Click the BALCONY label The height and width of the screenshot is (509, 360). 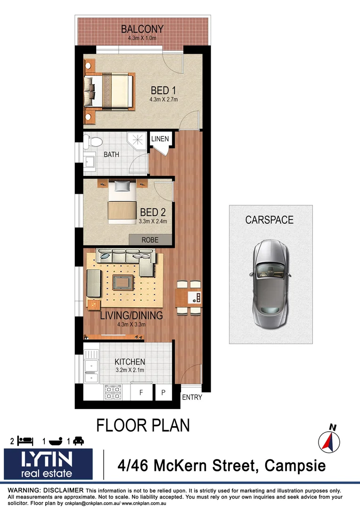142,29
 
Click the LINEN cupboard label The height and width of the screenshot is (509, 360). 159,139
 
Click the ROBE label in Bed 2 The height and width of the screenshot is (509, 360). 150,240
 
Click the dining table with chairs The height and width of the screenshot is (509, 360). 188,298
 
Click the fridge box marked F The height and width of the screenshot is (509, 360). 140,392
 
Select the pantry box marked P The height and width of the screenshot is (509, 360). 163,392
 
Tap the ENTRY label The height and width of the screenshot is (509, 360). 192,397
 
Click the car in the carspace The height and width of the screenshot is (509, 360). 270,283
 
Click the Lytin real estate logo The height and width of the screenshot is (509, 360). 49,464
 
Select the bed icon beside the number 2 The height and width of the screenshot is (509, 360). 25,441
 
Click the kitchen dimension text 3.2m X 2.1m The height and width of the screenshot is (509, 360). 130,370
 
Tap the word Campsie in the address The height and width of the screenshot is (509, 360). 295,466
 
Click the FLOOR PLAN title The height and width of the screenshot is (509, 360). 143,425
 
